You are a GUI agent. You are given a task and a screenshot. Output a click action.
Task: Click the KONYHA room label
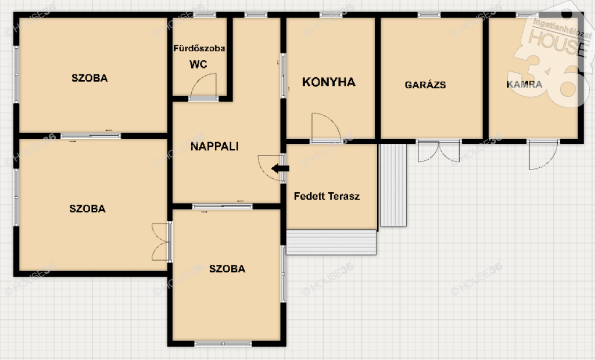[329, 82]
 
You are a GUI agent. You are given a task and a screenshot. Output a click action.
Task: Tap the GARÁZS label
[425, 85]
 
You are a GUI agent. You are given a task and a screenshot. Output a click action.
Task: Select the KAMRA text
[525, 84]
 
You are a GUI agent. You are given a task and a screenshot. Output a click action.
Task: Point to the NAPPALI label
[214, 146]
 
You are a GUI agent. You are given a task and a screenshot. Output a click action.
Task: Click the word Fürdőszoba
[199, 48]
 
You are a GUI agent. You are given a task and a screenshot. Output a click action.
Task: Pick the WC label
[198, 64]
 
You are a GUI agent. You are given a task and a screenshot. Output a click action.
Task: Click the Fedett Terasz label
[327, 196]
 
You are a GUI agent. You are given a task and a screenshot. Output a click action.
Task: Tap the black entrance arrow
[281, 168]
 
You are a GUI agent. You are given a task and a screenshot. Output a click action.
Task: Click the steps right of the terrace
[393, 185]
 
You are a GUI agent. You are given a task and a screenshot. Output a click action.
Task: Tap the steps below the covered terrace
[331, 242]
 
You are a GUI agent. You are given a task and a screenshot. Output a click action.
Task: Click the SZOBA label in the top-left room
[89, 78]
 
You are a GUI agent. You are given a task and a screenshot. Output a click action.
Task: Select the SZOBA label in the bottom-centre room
[227, 269]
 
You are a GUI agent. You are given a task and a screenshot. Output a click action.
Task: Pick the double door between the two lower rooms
[160, 242]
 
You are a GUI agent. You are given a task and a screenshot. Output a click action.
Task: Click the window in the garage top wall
[429, 15]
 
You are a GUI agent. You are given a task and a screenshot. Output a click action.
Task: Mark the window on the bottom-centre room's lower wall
[223, 344]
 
